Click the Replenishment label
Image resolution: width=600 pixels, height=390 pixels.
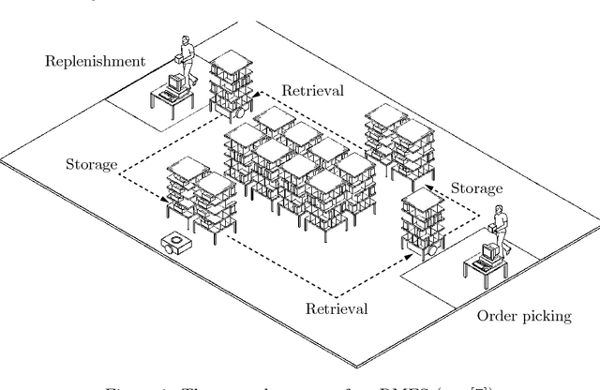(x=93, y=62)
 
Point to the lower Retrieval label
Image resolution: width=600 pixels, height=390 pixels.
(x=336, y=307)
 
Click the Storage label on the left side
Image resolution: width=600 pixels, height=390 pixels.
(x=91, y=165)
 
